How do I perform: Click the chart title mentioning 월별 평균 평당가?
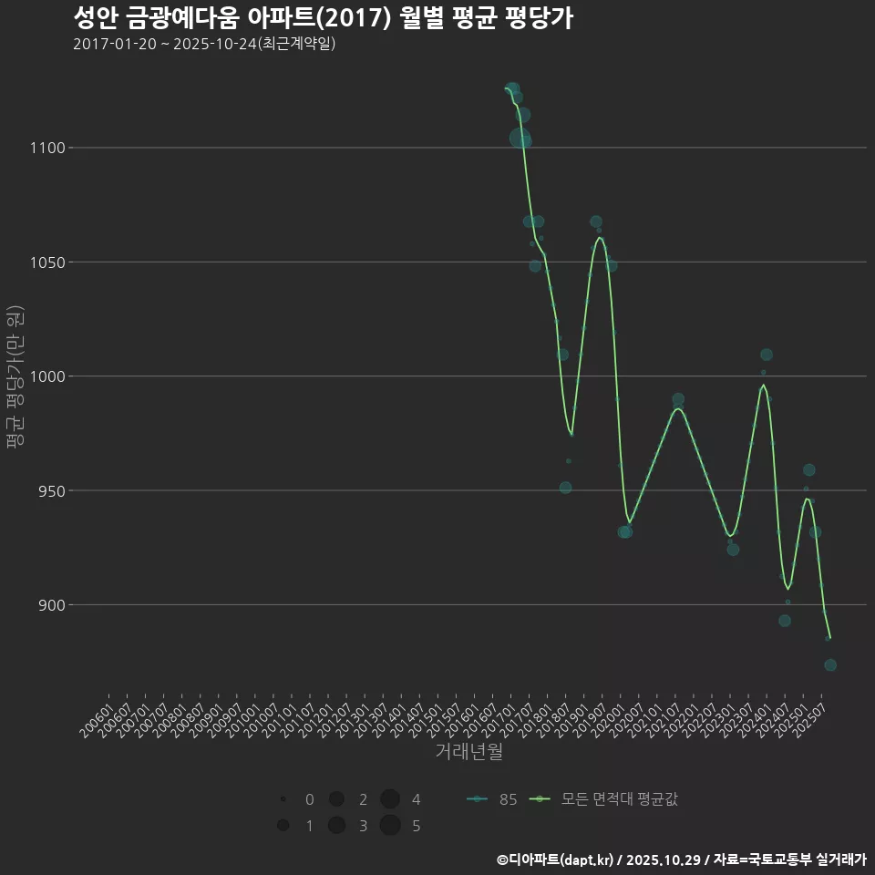[323, 18]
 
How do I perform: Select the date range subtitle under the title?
[204, 44]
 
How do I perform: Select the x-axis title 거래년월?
[468, 752]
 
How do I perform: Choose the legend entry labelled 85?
[492, 799]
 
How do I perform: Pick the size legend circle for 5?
[390, 826]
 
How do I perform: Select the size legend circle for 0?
[283, 799]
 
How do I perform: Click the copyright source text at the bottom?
[681, 860]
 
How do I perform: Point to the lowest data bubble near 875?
[830, 665]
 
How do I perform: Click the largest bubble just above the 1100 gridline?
[520, 139]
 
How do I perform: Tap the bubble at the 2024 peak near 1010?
[767, 355]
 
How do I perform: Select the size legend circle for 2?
[336, 799]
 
